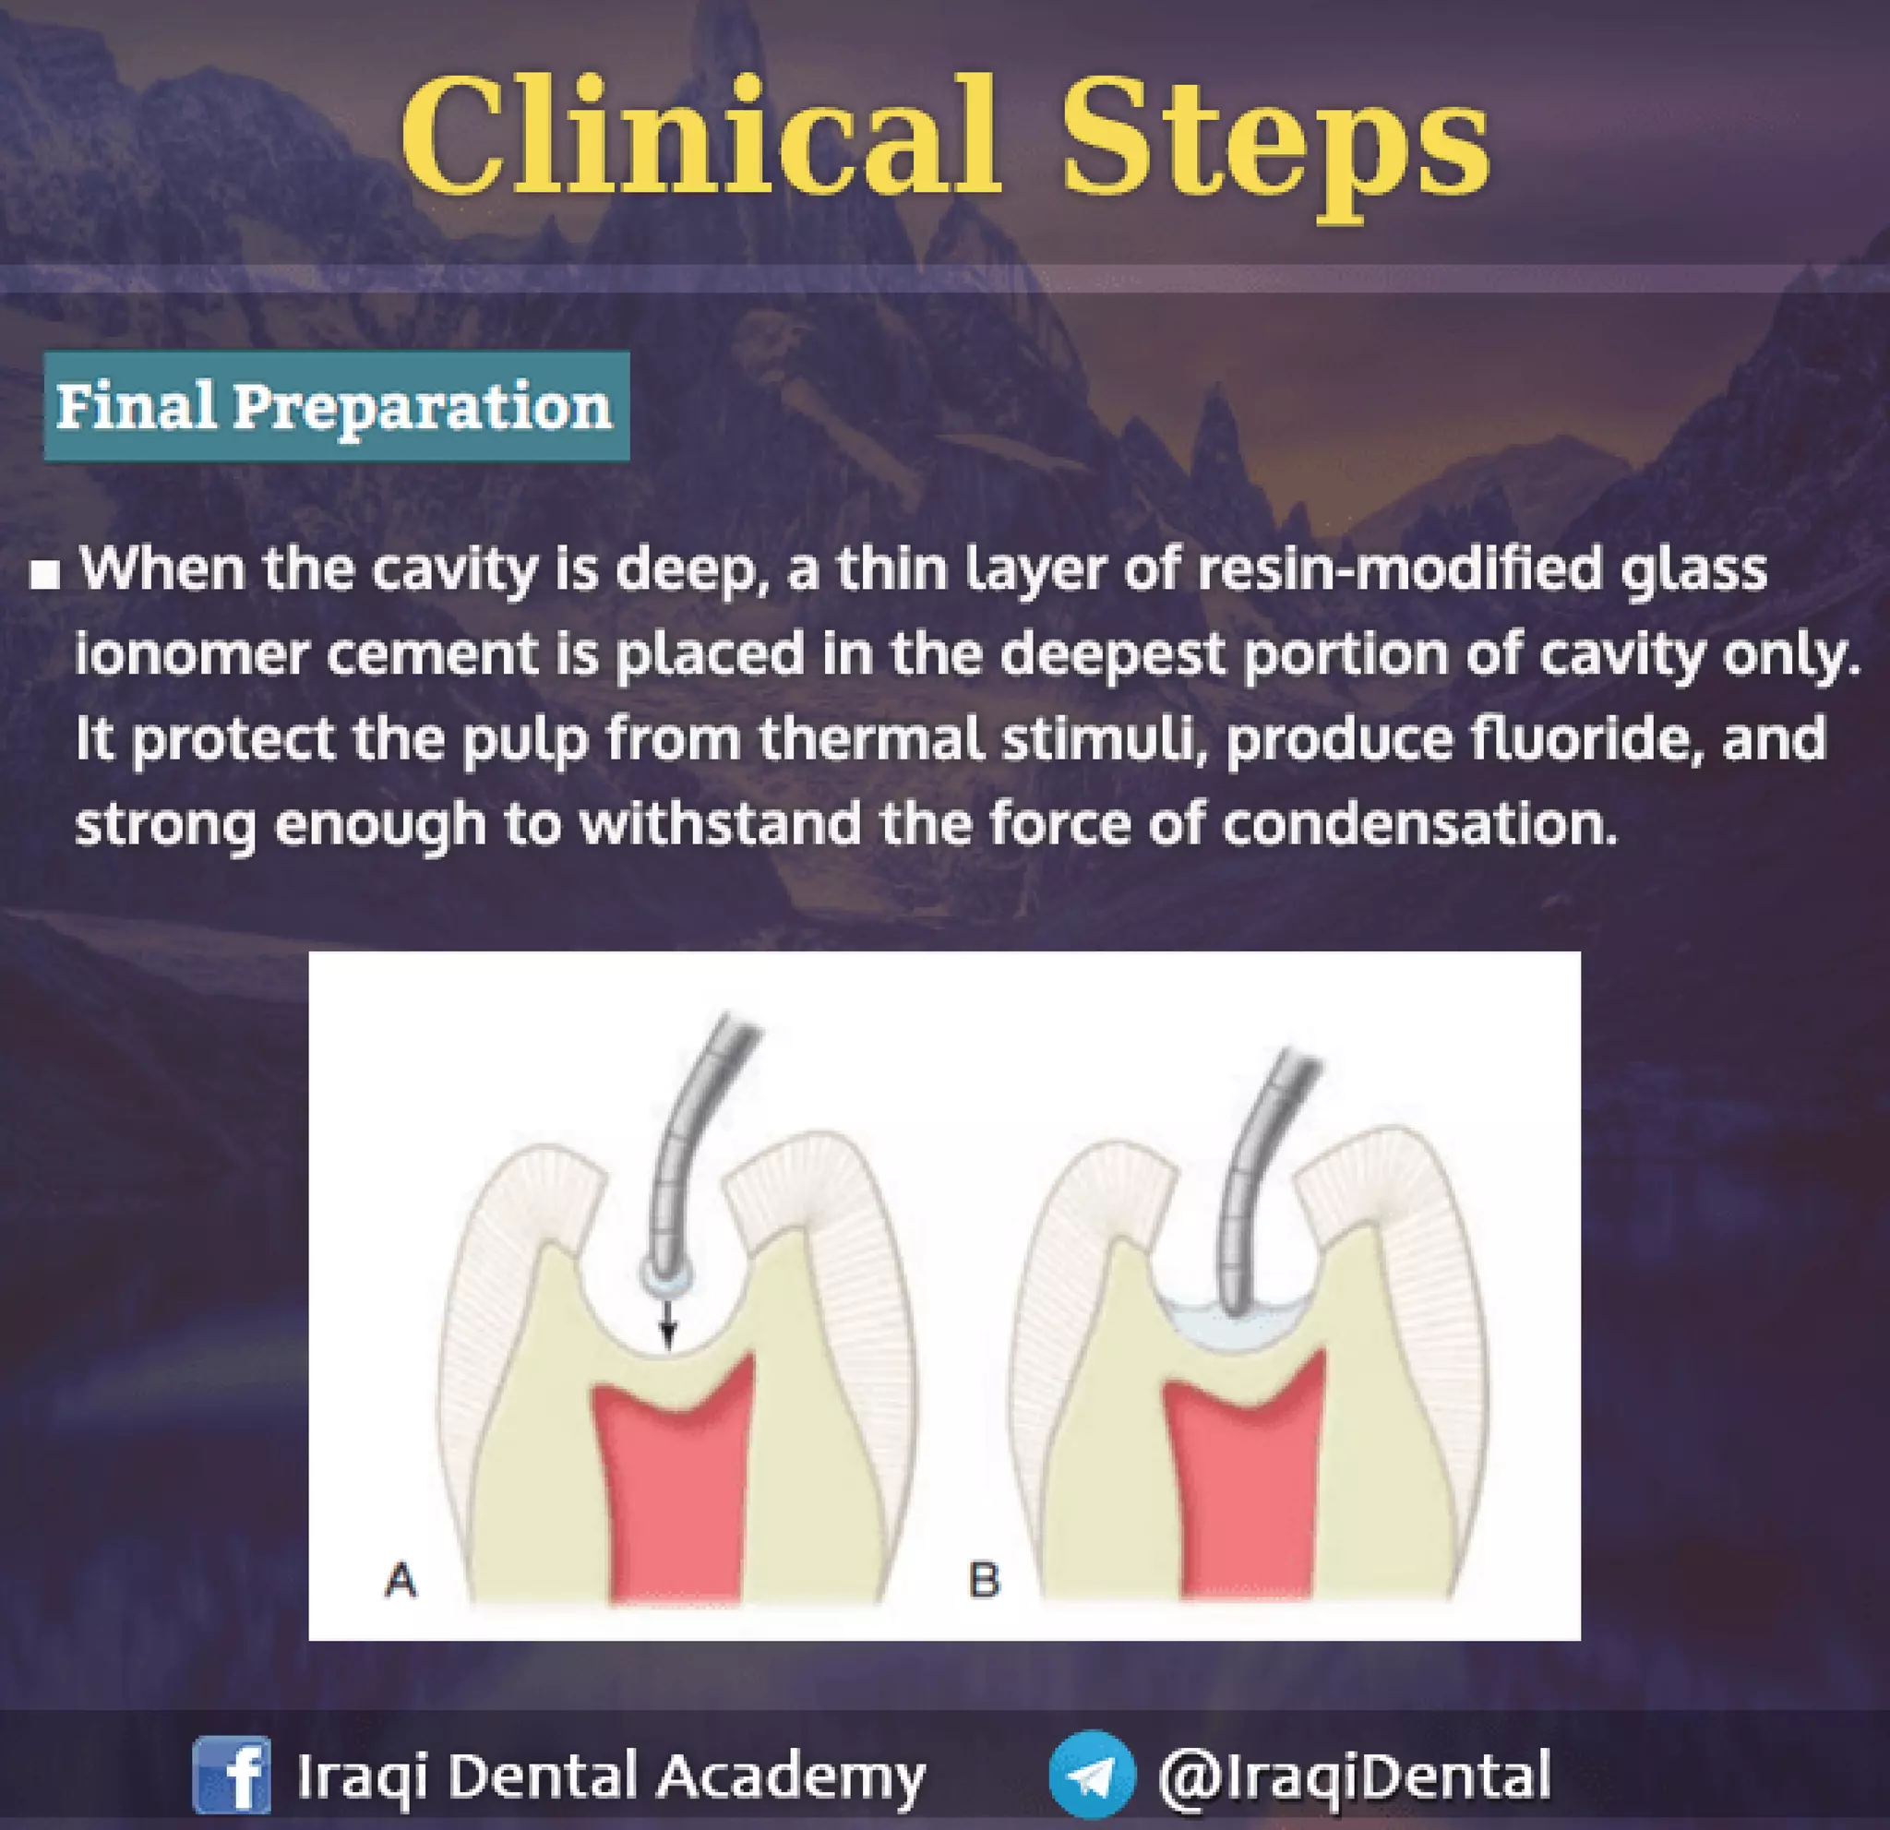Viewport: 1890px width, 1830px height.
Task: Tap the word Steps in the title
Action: pos(1274,139)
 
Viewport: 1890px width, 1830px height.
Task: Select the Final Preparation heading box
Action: pos(336,406)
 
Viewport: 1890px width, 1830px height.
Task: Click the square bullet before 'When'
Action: pos(44,576)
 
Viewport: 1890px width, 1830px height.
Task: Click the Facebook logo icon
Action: pos(232,1775)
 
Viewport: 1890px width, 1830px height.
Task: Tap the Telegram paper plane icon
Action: pos(1092,1775)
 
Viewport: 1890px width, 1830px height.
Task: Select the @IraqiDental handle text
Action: pos(1354,1775)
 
